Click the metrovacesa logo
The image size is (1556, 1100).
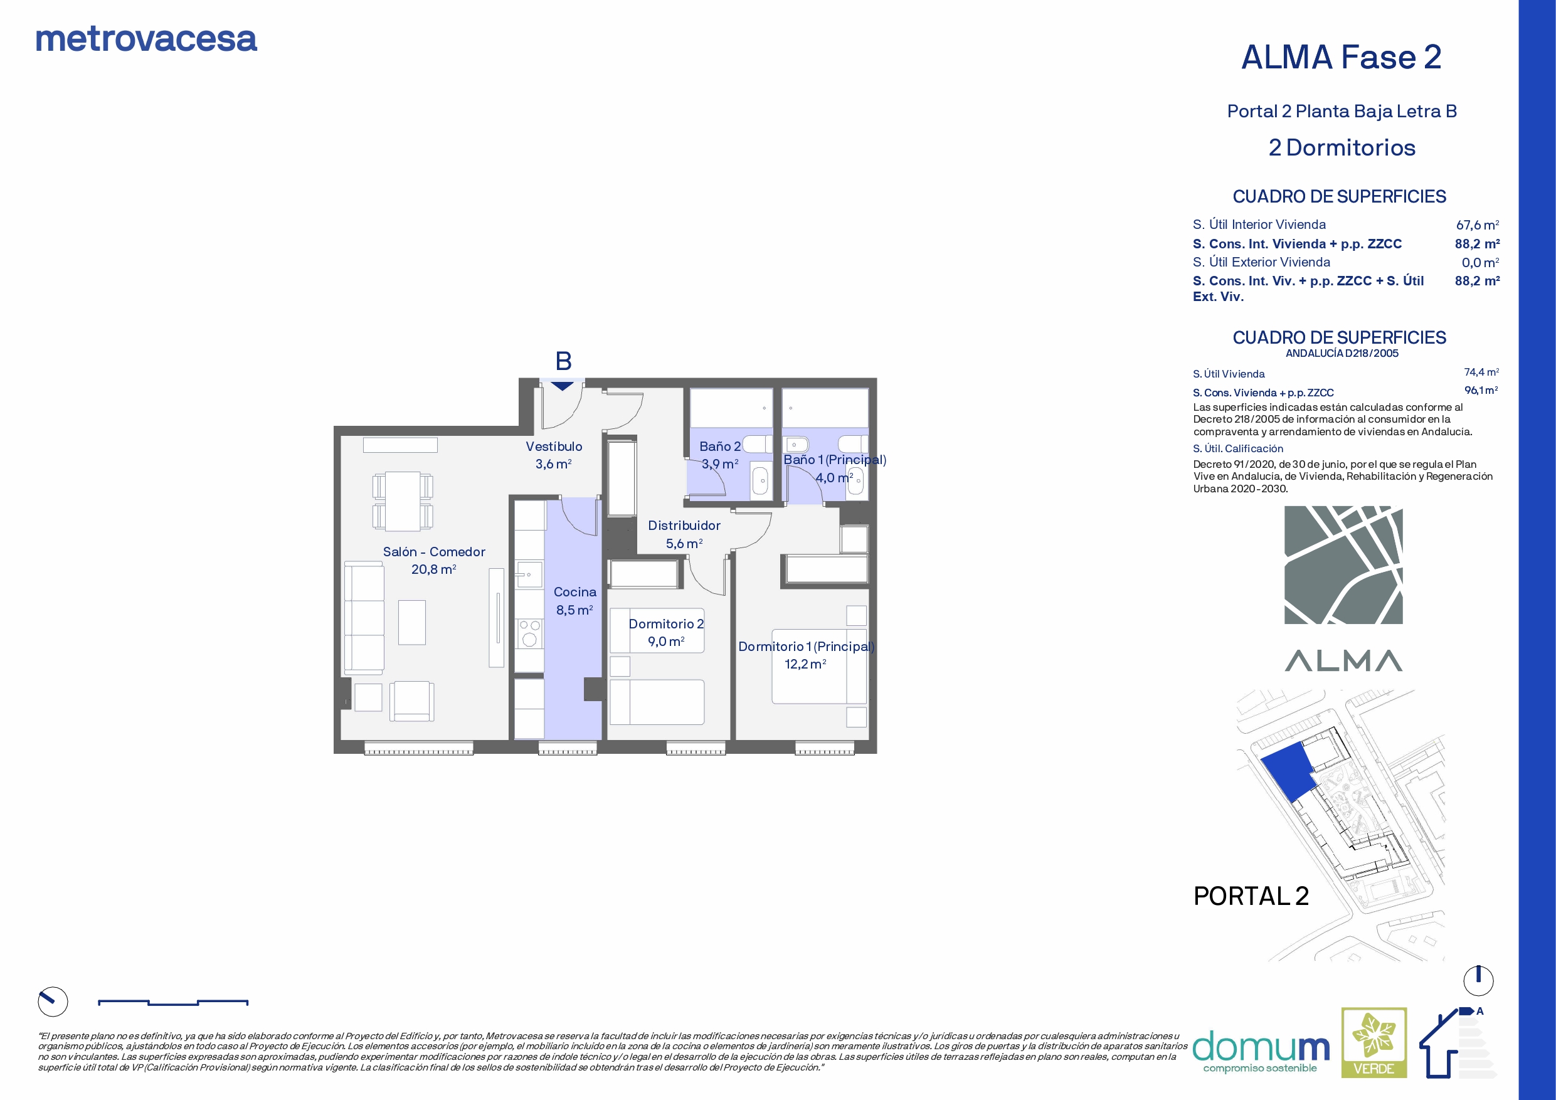pyautogui.click(x=146, y=40)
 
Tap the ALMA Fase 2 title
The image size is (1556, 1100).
pyautogui.click(x=1341, y=57)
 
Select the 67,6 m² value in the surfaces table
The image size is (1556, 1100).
pyautogui.click(x=1478, y=225)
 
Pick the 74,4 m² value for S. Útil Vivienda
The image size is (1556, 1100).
pyautogui.click(x=1481, y=372)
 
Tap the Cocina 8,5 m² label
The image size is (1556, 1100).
pyautogui.click(x=574, y=601)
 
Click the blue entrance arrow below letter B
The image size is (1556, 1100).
pyautogui.click(x=562, y=386)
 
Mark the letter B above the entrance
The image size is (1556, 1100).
pyautogui.click(x=563, y=361)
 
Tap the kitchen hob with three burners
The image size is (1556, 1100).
pyautogui.click(x=530, y=633)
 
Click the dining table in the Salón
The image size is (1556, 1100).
pyautogui.click(x=403, y=501)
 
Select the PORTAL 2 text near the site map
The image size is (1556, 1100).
pyautogui.click(x=1251, y=896)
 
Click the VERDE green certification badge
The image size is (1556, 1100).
pyautogui.click(x=1373, y=1042)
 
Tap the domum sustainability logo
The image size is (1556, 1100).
pyautogui.click(x=1261, y=1051)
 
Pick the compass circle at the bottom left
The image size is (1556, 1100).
pyautogui.click(x=53, y=1001)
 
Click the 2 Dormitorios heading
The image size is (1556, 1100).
pyautogui.click(x=1342, y=148)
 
